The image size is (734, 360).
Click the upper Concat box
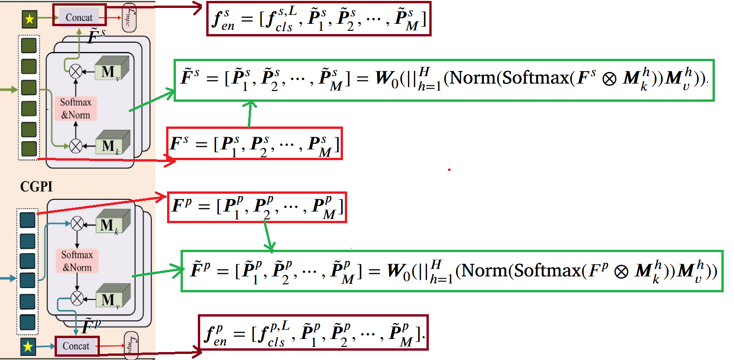tap(79, 17)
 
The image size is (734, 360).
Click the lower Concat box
tap(76, 346)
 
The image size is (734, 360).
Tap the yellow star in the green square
tap(30, 19)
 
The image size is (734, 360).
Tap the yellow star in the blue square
tap(28, 346)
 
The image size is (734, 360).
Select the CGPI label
tap(36, 187)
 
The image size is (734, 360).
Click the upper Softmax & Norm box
tap(76, 108)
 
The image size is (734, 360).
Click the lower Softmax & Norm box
tap(77, 261)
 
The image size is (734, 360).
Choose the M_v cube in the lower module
tap(112, 298)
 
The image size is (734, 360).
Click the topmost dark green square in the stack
tap(29, 46)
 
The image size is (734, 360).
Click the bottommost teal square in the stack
tap(28, 322)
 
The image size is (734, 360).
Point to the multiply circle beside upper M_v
tap(76, 71)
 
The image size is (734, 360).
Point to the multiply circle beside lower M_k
tap(77, 224)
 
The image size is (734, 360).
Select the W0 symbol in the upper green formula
tap(386, 78)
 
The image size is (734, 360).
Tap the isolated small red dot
tap(449, 169)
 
